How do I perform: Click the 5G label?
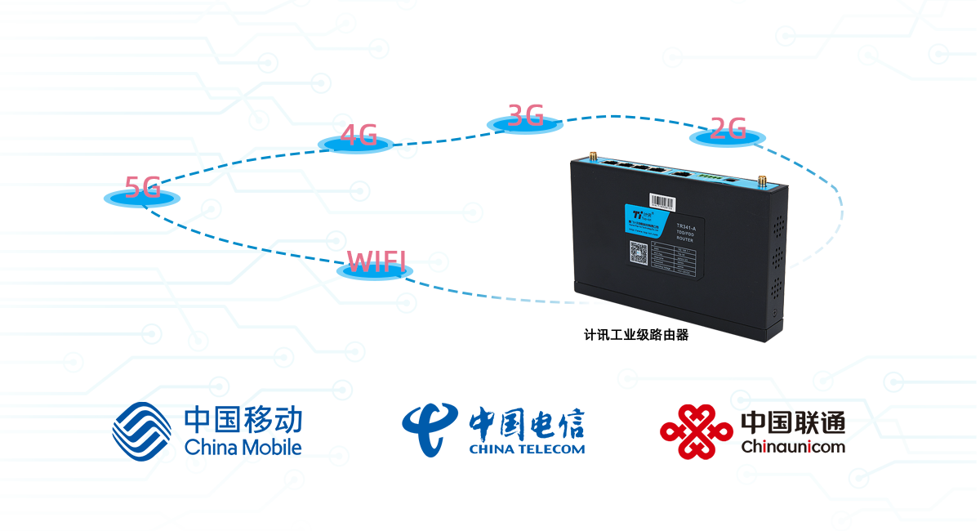tap(142, 189)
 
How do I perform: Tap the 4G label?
tap(359, 136)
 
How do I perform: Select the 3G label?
tap(525, 116)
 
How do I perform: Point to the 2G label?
tap(727, 129)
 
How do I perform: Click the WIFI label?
tap(376, 262)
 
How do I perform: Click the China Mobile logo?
tap(207, 431)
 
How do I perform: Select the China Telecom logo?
tap(493, 429)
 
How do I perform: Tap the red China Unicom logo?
tap(751, 431)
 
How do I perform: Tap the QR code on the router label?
tap(639, 252)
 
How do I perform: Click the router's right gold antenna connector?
tap(760, 180)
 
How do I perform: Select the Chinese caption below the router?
tap(636, 334)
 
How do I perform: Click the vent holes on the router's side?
tap(777, 245)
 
